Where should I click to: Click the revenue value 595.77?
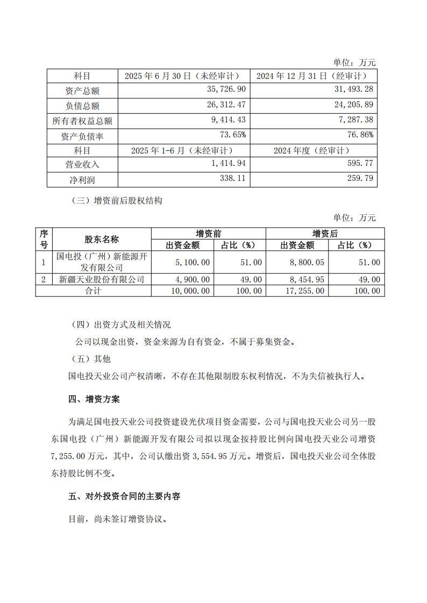(x=361, y=163)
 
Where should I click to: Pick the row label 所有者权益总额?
(x=82, y=121)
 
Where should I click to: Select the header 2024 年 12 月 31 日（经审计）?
(x=313, y=76)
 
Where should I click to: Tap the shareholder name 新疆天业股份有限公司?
(x=101, y=279)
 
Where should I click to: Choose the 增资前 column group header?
(x=208, y=234)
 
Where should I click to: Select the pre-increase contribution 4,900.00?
(x=191, y=279)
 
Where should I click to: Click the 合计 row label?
(x=93, y=290)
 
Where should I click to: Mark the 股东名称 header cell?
(x=101, y=239)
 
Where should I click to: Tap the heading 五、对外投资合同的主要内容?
(x=124, y=496)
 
